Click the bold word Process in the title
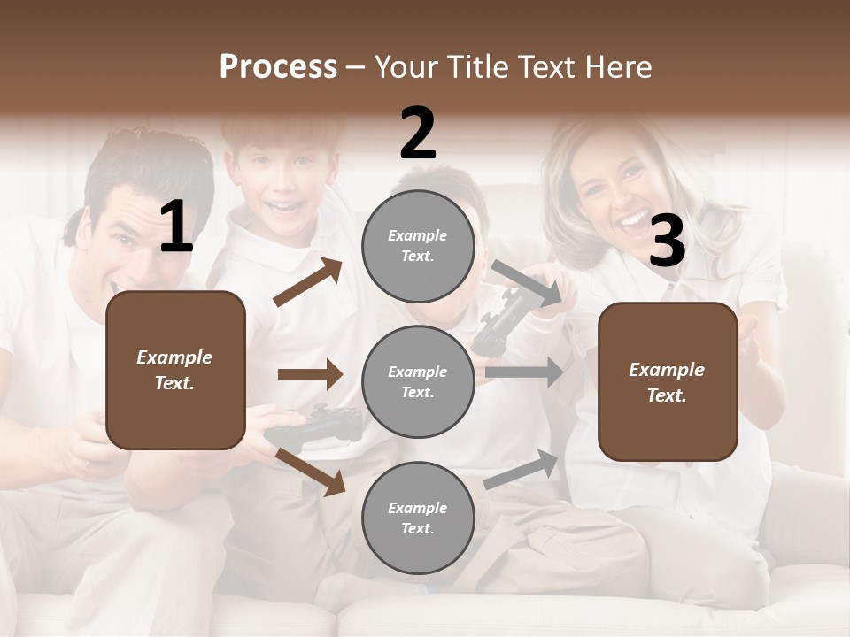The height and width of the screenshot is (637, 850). pos(278,66)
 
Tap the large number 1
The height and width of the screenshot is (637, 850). pos(176,227)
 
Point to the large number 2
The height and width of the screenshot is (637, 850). pos(418,134)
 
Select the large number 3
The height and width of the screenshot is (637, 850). pos(667,242)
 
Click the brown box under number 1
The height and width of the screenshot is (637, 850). pos(175,370)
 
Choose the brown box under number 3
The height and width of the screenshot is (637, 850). pos(668,382)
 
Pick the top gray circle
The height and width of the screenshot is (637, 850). pos(418,246)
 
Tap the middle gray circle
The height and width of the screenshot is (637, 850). pos(418,382)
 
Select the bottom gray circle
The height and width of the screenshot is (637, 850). pos(418,518)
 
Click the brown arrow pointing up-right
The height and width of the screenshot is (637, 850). pos(308,282)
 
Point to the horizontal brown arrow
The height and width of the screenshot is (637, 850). pos(310,374)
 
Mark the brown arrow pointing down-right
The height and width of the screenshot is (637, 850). pos(311,471)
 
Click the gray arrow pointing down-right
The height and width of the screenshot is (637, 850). pos(526,284)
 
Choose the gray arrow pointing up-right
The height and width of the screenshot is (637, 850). pos(522,469)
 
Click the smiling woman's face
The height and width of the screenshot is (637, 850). pos(620,186)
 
